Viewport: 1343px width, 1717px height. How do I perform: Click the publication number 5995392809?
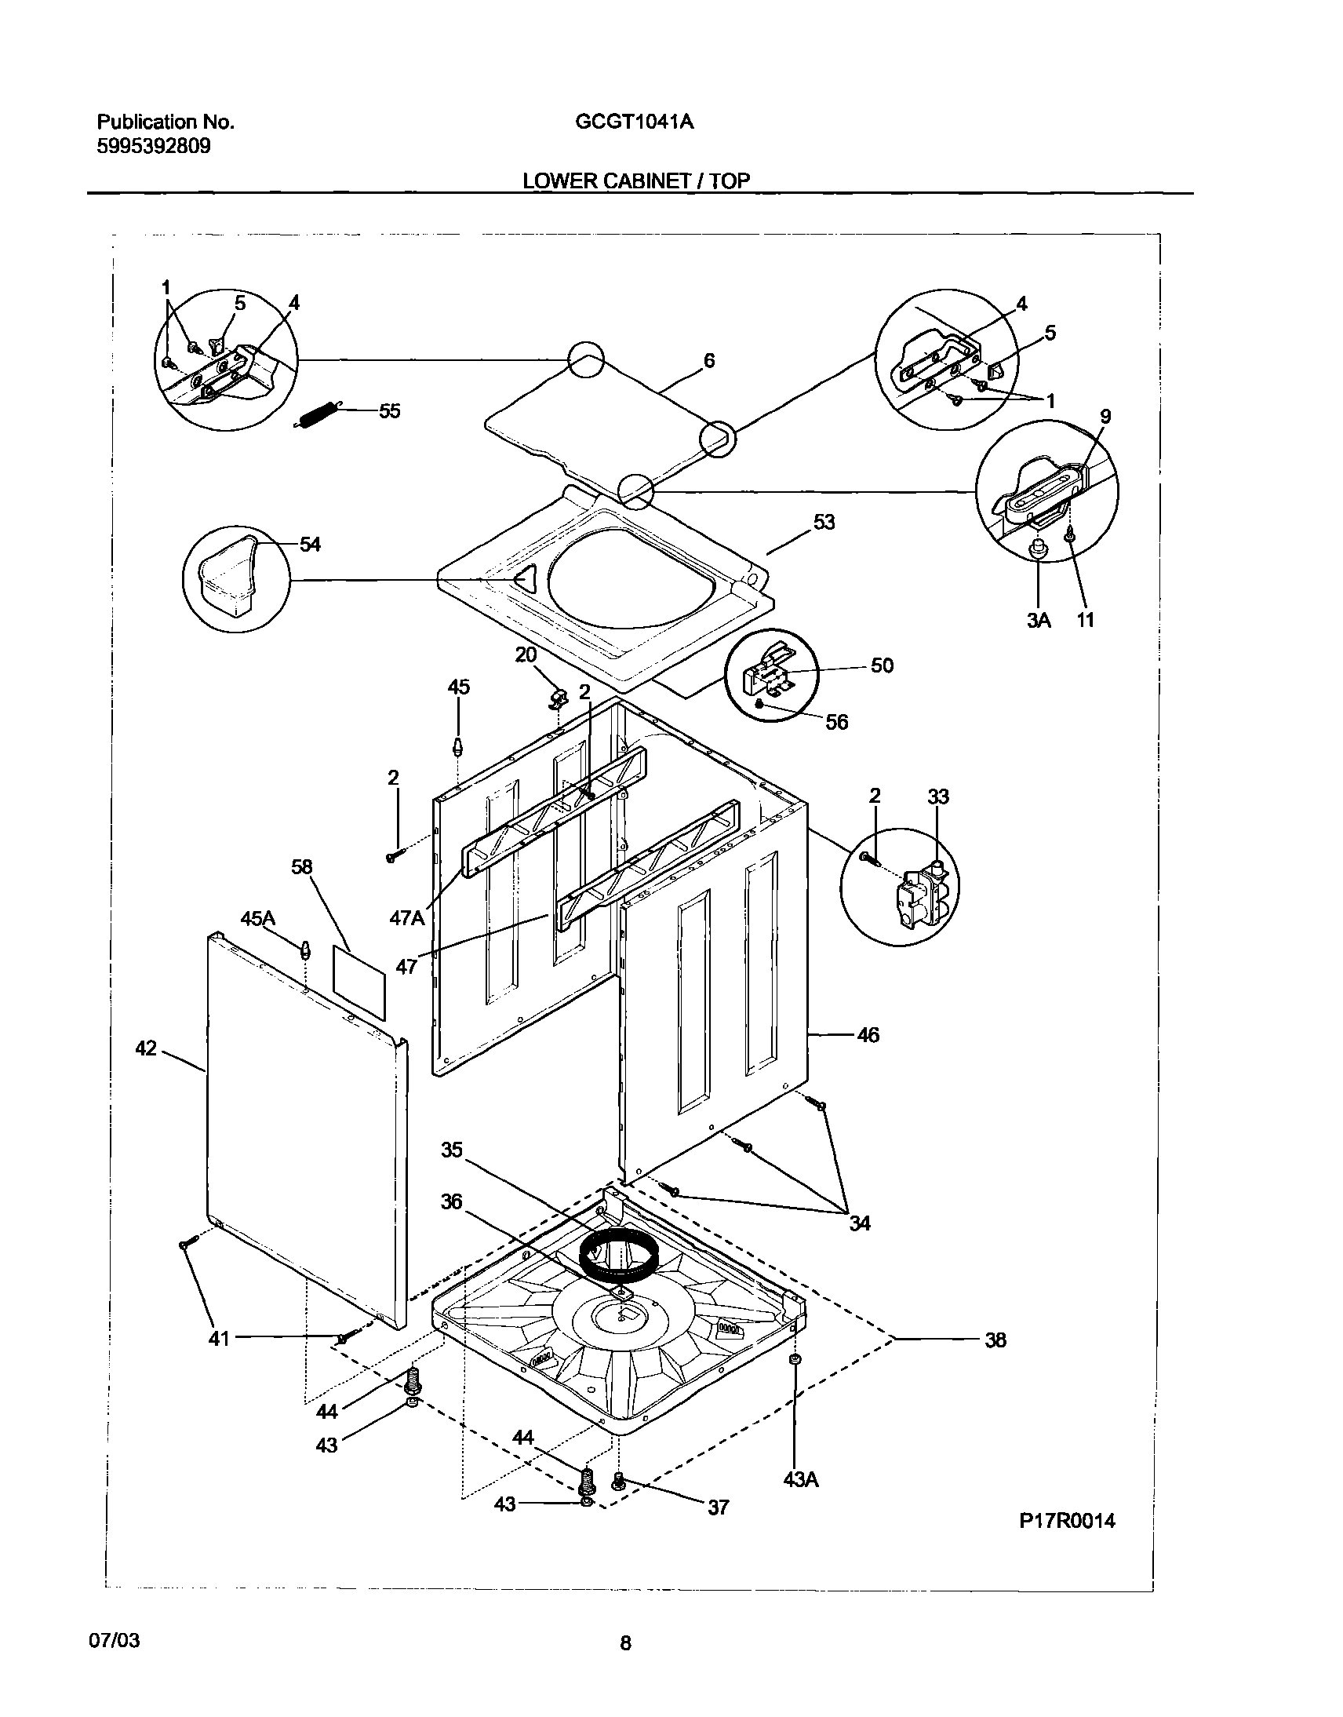[x=153, y=146]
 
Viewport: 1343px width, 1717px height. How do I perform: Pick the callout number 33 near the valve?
[x=938, y=797]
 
